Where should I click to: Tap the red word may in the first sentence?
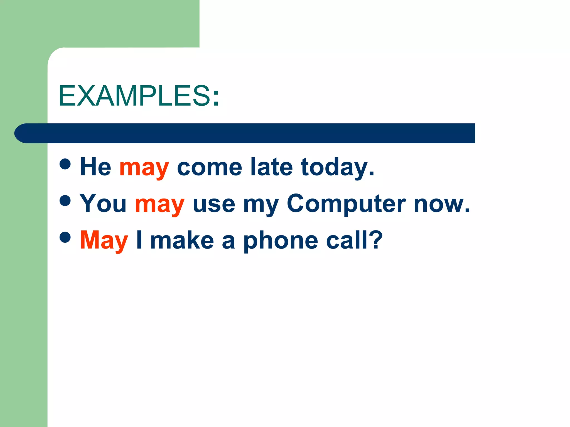tap(144, 168)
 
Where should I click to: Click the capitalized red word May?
tap(104, 240)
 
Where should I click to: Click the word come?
tap(209, 168)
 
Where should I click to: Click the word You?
tap(103, 204)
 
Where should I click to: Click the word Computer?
tap(346, 204)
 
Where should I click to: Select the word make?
tap(182, 240)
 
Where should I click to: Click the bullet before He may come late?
tap(65, 164)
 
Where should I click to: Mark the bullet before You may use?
tap(65, 200)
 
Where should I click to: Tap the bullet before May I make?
tap(65, 237)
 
